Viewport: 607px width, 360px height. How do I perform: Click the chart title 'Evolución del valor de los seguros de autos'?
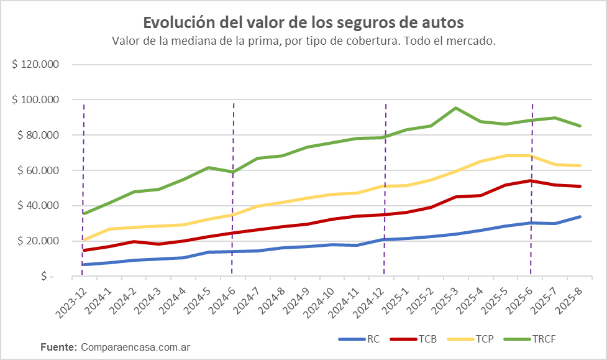click(x=303, y=22)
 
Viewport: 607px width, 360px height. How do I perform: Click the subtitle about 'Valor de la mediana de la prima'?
click(x=303, y=41)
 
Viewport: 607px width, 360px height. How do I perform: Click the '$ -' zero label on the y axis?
click(x=49, y=276)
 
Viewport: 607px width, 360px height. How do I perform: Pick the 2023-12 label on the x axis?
click(x=70, y=302)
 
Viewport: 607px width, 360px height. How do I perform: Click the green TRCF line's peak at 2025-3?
click(x=456, y=108)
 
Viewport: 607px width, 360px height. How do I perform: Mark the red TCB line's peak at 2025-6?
click(x=531, y=181)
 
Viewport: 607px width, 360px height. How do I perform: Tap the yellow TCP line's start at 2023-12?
click(x=83, y=240)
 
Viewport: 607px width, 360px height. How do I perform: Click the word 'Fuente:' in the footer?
click(x=58, y=346)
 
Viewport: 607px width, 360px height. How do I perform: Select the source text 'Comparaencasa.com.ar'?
click(x=135, y=346)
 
